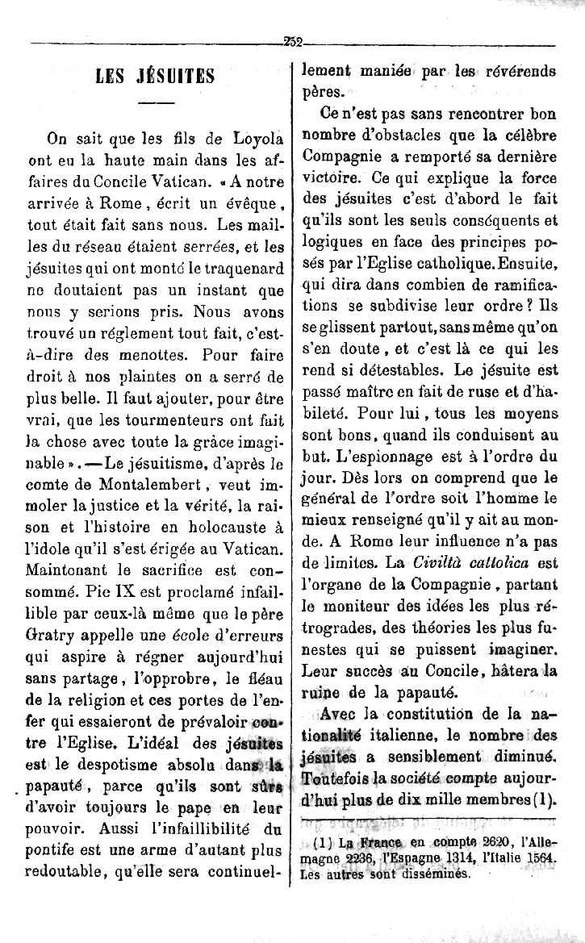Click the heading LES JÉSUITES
click(155, 78)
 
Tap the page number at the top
click(291, 44)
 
